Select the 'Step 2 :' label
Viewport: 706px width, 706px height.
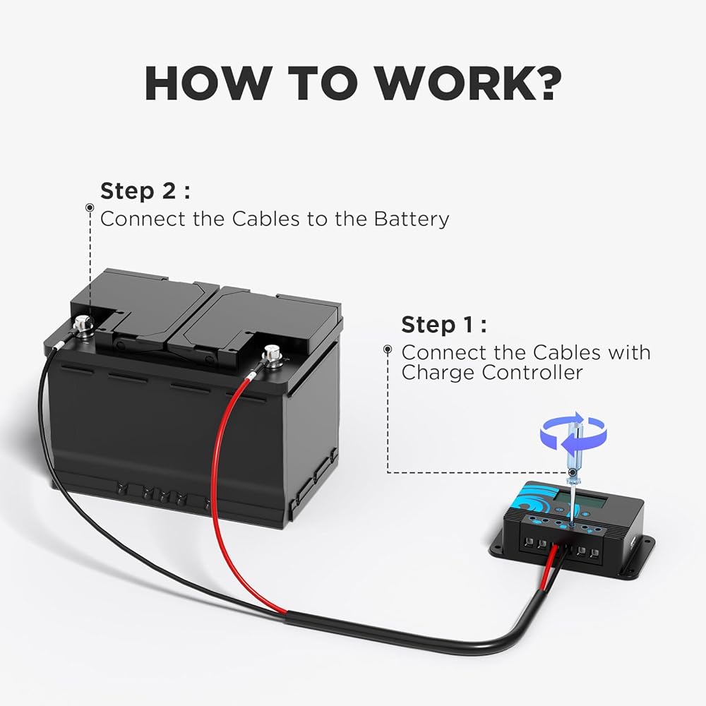[x=145, y=191]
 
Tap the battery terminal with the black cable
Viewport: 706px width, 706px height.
[x=81, y=325]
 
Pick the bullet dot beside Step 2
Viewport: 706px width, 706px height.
[x=90, y=208]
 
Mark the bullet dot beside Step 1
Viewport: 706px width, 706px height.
[x=388, y=349]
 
